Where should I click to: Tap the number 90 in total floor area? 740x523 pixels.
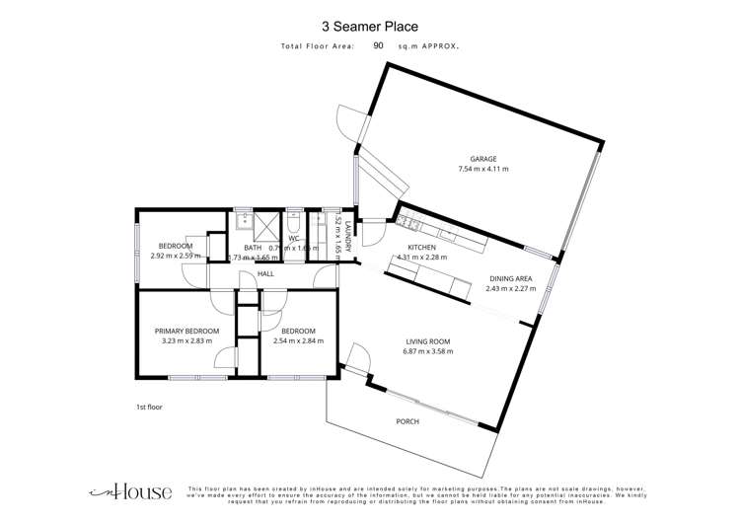point(378,45)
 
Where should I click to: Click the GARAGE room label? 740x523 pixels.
point(482,159)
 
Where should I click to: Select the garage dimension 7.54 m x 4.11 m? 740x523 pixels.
point(482,170)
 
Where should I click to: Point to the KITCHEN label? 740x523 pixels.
point(422,248)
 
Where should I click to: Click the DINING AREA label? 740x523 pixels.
point(512,279)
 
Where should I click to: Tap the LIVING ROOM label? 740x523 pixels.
point(427,340)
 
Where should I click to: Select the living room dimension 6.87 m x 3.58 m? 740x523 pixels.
point(427,351)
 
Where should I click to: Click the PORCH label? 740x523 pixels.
point(407,421)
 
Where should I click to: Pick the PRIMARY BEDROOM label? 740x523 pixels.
point(186,331)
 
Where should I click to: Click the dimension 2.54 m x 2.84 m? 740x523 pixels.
point(298,341)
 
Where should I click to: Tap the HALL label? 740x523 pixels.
point(265,274)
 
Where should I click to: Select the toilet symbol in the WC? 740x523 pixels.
point(293,221)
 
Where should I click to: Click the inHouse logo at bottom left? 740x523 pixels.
point(131,491)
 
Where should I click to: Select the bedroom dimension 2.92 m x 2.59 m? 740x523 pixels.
point(176,256)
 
